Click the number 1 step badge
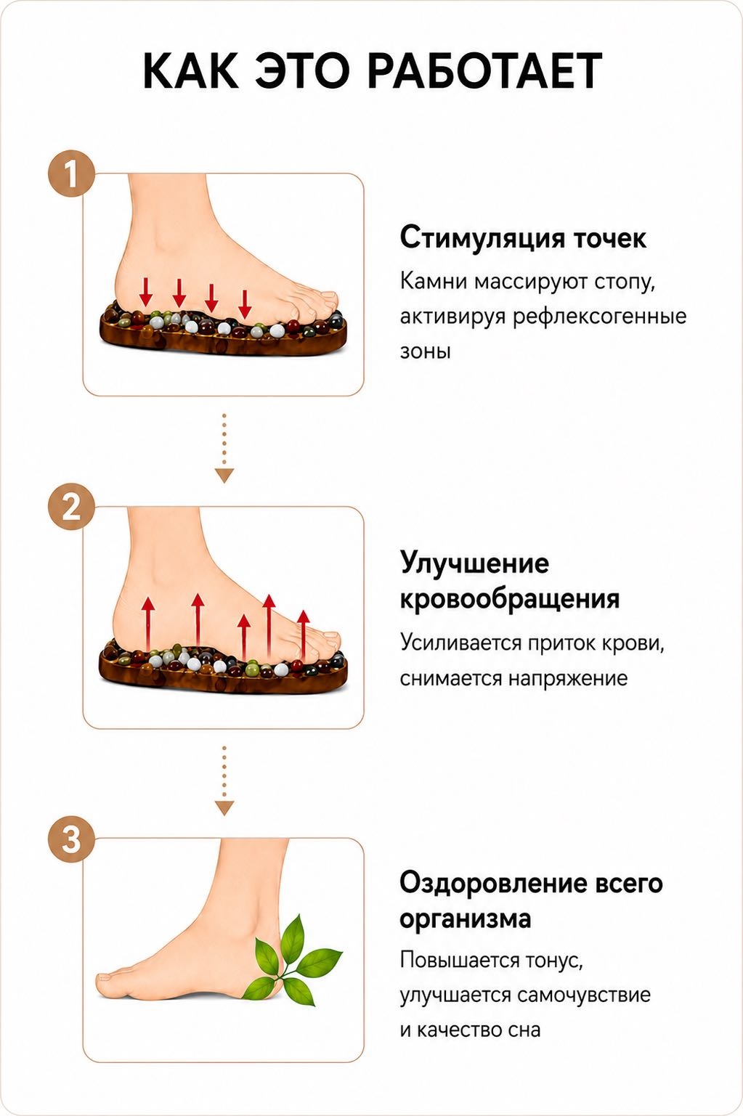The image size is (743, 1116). tap(70, 174)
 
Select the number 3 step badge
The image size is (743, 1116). tap(70, 839)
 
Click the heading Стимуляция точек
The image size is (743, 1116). tap(523, 237)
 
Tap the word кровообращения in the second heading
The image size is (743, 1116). tap(509, 598)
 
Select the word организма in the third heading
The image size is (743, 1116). tap(466, 919)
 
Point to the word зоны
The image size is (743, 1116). tap(425, 351)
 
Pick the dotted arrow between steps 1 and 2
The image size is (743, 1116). tap(224, 448)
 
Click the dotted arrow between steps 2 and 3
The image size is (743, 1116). tap(224, 781)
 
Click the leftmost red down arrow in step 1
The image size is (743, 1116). tap(145, 292)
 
